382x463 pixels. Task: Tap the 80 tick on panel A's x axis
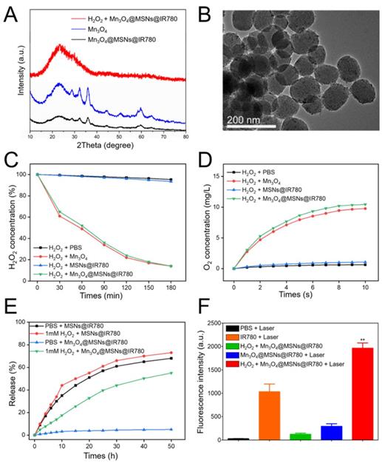185,137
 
